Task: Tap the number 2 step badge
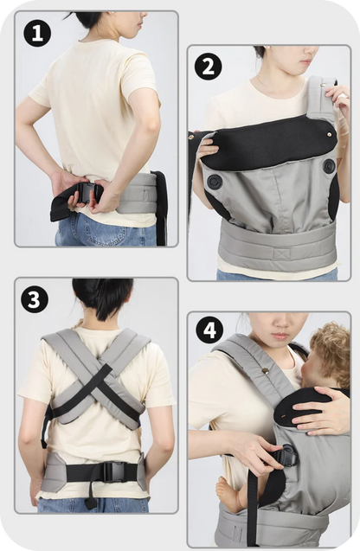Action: point(208,66)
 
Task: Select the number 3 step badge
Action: point(36,300)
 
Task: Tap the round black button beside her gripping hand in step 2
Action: point(212,182)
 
